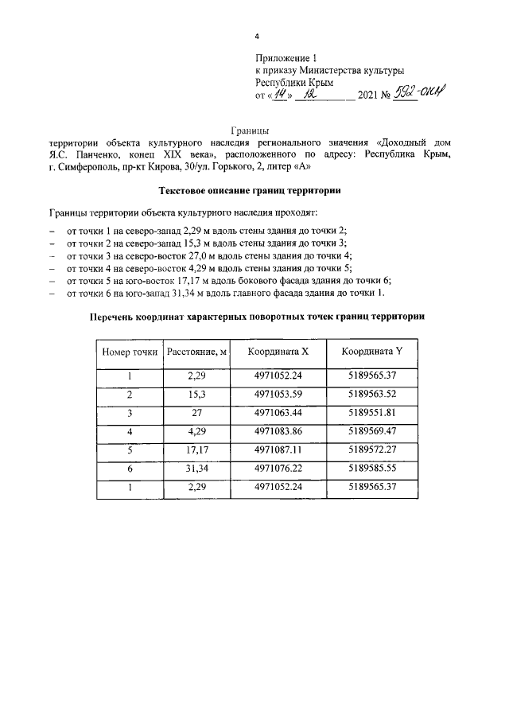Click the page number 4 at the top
click(x=256, y=37)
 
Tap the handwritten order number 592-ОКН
click(x=419, y=94)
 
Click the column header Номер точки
click(x=129, y=352)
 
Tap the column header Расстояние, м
click(x=196, y=352)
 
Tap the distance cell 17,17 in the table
click(x=196, y=450)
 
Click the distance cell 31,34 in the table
click(x=196, y=469)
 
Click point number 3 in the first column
click(x=129, y=413)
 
